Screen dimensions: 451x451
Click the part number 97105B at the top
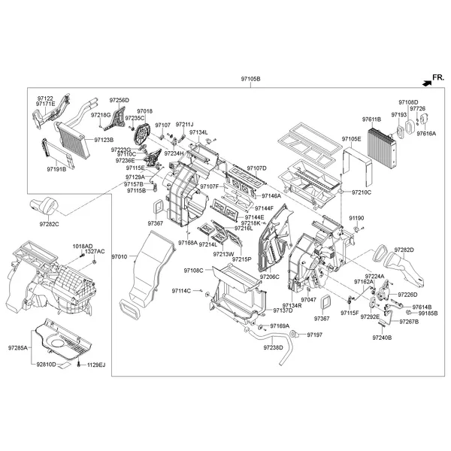point(250,79)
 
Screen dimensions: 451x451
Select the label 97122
point(46,98)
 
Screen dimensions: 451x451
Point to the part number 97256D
point(120,100)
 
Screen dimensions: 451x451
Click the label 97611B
point(371,120)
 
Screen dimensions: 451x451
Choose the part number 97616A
point(426,133)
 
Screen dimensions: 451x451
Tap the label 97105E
point(352,139)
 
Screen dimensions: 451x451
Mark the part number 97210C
point(361,192)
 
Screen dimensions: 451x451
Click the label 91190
point(356,218)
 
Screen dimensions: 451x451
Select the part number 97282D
point(404,249)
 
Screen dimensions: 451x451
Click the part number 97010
point(120,257)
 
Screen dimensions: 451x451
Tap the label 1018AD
point(83,246)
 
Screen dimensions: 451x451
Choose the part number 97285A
point(18,348)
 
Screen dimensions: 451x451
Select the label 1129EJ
point(96,365)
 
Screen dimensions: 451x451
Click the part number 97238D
point(273,347)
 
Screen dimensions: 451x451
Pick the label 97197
point(314,334)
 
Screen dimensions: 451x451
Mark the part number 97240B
point(382,338)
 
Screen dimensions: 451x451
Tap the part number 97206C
point(269,277)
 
